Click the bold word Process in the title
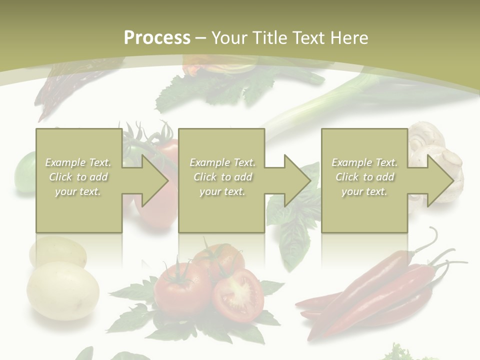[157, 38]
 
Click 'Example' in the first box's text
[65, 162]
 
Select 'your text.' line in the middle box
[222, 191]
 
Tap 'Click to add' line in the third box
[364, 177]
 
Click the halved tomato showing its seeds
[238, 295]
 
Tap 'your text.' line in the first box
[78, 191]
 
